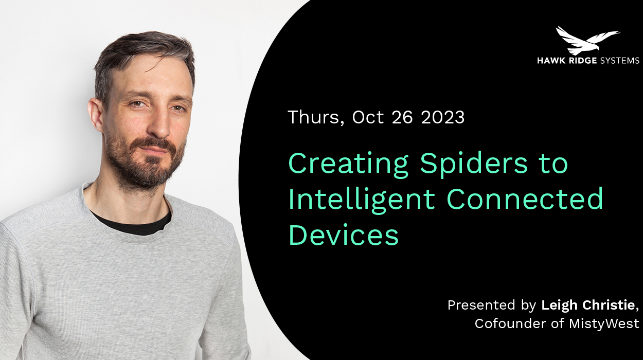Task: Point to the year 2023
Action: coord(442,117)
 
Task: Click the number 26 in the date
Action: coord(402,117)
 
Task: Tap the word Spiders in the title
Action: coord(474,164)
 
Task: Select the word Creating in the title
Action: coord(348,164)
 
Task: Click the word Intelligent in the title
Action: coord(362,200)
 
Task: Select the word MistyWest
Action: coord(604,324)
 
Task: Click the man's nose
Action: coord(159,123)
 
